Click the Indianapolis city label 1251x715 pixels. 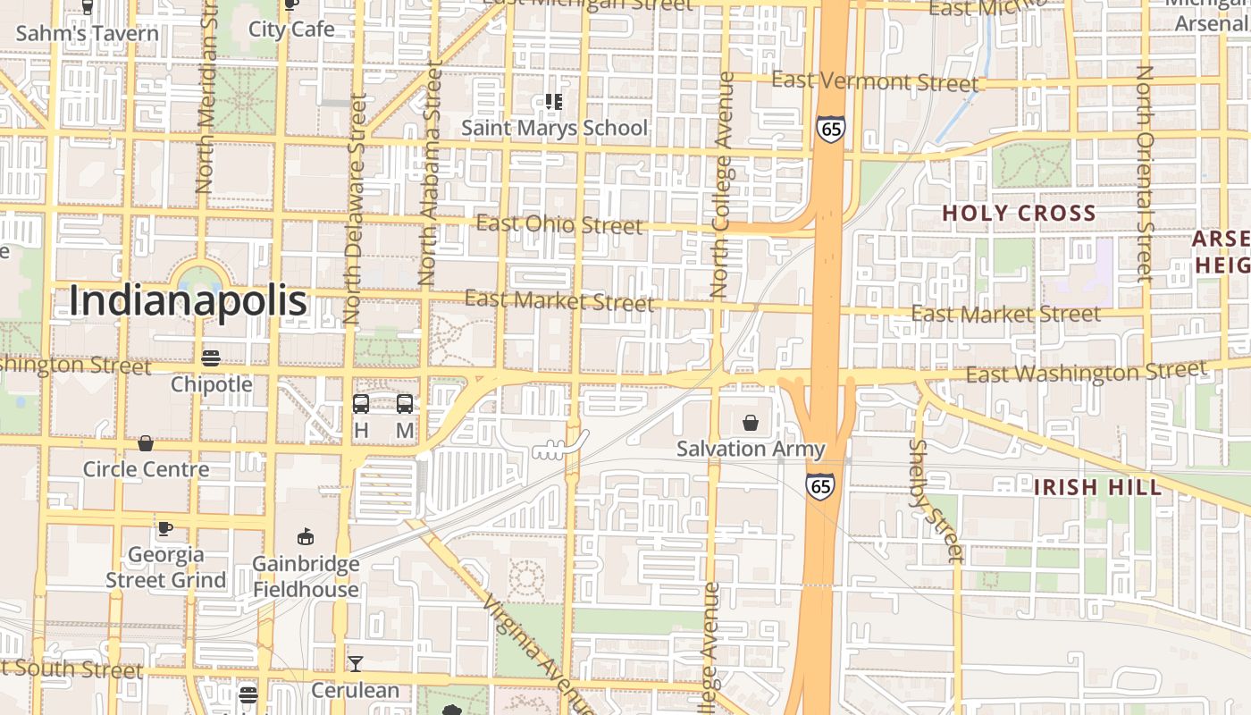[x=189, y=301]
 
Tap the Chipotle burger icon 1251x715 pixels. [x=211, y=358]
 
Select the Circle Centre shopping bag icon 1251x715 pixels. [x=146, y=443]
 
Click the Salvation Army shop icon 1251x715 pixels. [x=751, y=422]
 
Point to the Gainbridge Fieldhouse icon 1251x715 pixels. [x=306, y=537]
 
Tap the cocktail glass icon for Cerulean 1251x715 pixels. [x=356, y=664]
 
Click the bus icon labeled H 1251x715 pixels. [x=361, y=404]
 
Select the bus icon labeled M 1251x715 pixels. [x=405, y=404]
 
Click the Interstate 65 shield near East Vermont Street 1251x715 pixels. [x=830, y=130]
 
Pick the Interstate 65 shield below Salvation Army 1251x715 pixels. [x=819, y=486]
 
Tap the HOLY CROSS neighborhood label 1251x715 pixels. [x=1019, y=214]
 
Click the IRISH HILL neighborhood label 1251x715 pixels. [x=1097, y=487]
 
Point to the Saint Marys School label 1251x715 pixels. [x=554, y=128]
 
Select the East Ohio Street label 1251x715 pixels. [x=558, y=223]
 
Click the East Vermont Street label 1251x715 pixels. [x=875, y=81]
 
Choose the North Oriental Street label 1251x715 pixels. [x=1145, y=174]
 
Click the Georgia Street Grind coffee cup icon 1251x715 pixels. [x=165, y=528]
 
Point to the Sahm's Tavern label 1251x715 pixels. [x=88, y=34]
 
